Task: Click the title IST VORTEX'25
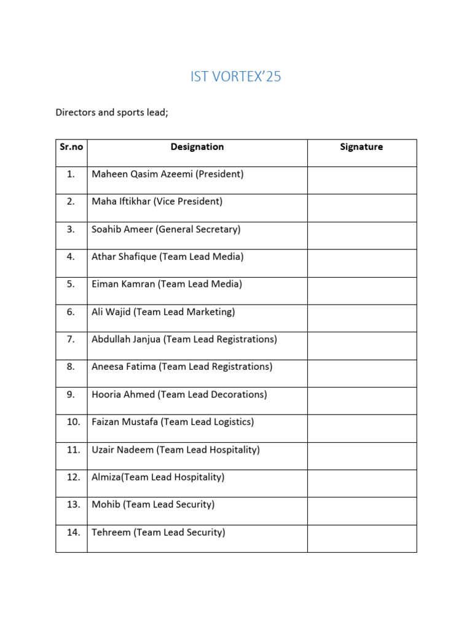tap(236, 77)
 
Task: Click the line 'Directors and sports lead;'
tap(112, 113)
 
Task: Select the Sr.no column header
tap(71, 147)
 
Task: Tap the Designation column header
tap(197, 147)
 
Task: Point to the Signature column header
tap(361, 147)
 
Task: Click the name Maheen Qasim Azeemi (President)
tap(167, 174)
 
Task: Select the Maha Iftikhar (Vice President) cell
tap(157, 201)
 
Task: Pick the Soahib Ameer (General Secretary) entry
tap(166, 230)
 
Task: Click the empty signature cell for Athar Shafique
tap(361, 263)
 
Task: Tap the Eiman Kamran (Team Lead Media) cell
tap(167, 284)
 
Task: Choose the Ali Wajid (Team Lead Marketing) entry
tap(163, 312)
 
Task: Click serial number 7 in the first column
tap(71, 339)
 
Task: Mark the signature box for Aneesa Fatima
tap(361, 373)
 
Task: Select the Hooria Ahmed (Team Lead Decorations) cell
tap(179, 394)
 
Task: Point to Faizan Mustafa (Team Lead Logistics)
tap(172, 422)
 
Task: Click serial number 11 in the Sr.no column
tap(73, 450)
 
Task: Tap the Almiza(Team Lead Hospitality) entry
tap(158, 477)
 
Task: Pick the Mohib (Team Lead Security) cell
tap(152, 505)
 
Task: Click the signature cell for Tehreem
tap(361, 538)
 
